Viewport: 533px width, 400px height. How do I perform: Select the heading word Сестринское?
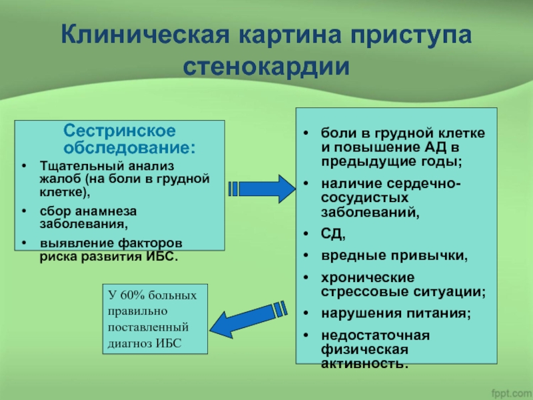point(120,129)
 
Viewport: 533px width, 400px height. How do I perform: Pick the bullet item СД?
point(333,234)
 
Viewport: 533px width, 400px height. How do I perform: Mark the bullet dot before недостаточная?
point(305,335)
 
